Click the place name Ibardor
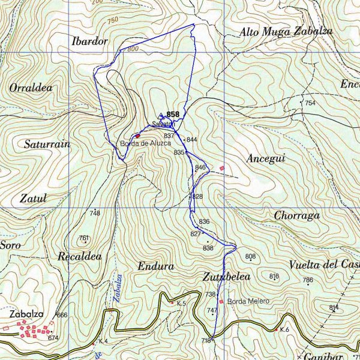click(x=89, y=41)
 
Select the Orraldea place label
click(x=31, y=88)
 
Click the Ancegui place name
click(x=265, y=158)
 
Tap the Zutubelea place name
click(x=226, y=277)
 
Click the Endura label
click(x=155, y=266)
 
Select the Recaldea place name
click(x=79, y=257)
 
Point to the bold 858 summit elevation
click(x=173, y=114)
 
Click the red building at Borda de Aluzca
click(x=137, y=136)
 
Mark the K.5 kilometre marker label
click(x=182, y=304)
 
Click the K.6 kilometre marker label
click(x=284, y=330)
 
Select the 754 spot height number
click(x=310, y=103)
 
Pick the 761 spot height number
click(x=83, y=238)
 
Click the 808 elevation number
click(x=250, y=257)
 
